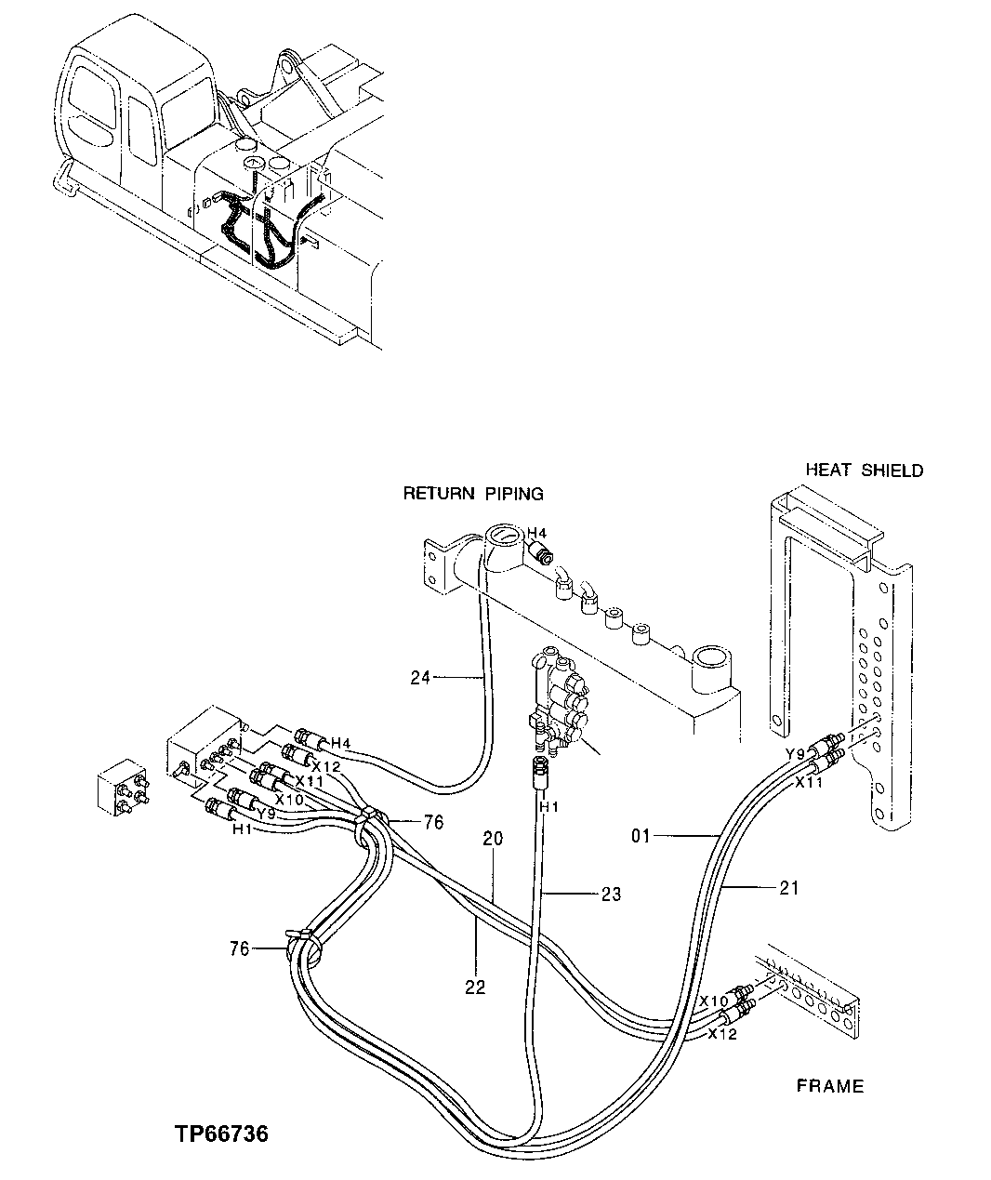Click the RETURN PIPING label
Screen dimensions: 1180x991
(472, 494)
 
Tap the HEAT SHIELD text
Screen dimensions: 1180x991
(864, 471)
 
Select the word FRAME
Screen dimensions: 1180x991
(829, 1086)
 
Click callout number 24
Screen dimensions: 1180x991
(420, 678)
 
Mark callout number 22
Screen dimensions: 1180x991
(475, 988)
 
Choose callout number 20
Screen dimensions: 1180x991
(493, 838)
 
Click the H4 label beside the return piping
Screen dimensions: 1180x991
(536, 533)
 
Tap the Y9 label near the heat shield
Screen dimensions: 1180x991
(796, 753)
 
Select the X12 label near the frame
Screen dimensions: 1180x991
(722, 1034)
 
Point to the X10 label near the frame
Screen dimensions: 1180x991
(713, 1001)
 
